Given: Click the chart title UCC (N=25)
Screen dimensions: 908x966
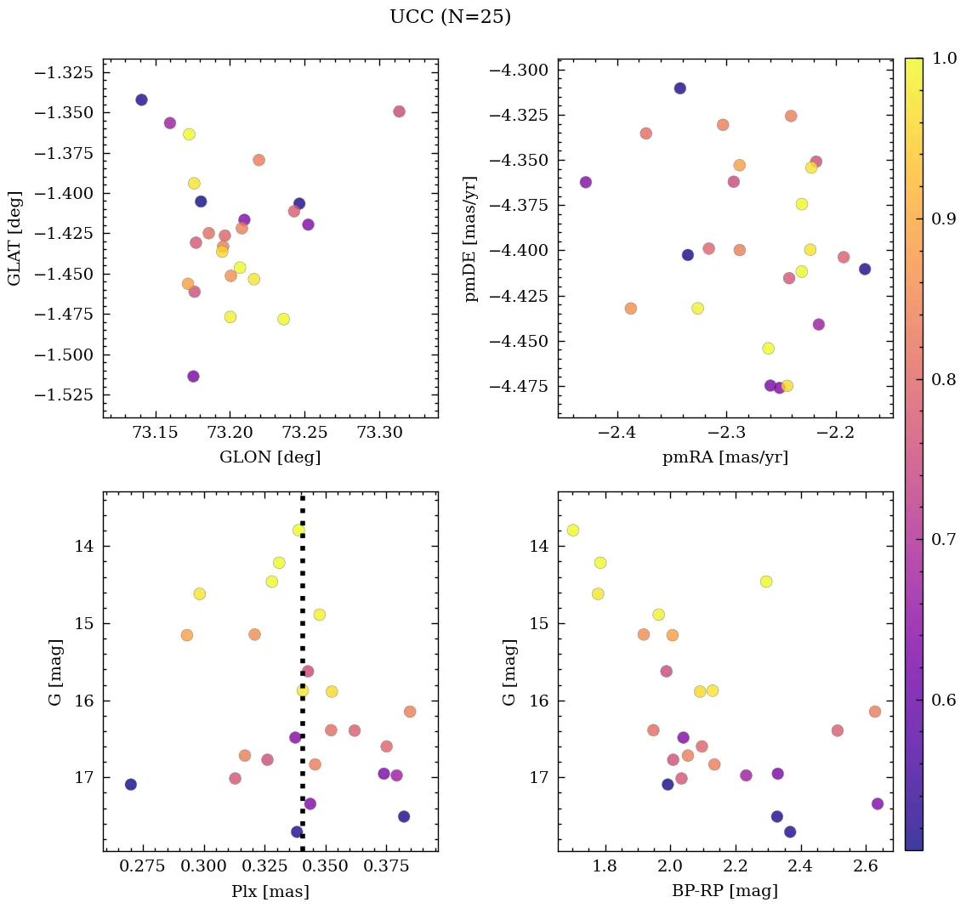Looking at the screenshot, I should (x=450, y=17).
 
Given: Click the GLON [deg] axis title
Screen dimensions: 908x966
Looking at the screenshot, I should (x=270, y=457).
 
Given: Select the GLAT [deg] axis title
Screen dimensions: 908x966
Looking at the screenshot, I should (x=14, y=238).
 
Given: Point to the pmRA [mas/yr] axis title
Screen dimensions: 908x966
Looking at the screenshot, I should (x=724, y=457).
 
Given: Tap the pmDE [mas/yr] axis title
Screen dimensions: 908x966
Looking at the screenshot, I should (x=470, y=238).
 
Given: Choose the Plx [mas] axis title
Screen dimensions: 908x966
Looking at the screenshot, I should (x=270, y=891).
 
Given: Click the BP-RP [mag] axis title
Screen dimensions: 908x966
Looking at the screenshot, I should (x=724, y=891).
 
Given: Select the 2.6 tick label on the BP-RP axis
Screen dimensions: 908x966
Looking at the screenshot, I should (x=866, y=866).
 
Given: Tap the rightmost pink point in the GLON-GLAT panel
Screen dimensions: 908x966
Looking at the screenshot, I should (x=399, y=111).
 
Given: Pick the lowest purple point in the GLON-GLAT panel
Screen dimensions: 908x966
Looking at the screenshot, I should (x=193, y=376).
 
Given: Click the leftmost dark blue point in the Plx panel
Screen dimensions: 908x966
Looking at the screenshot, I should (x=130, y=784).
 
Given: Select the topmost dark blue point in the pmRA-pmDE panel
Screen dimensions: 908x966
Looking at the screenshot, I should (x=679, y=88).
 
